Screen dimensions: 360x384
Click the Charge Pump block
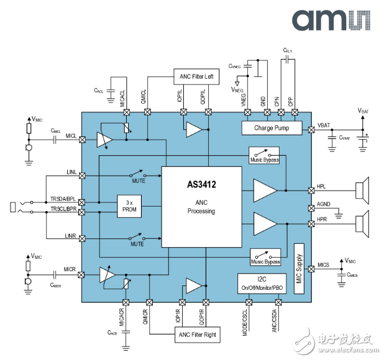click(271, 128)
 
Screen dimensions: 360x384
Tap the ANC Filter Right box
click(197, 335)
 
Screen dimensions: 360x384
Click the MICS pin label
click(324, 266)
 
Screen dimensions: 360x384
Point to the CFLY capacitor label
click(288, 50)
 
